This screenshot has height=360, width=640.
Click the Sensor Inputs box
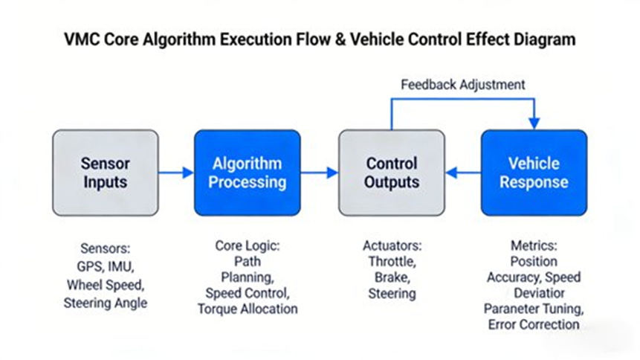pyautogui.click(x=105, y=173)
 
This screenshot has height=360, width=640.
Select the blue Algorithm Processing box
pyautogui.click(x=248, y=173)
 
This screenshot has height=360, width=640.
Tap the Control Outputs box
pyautogui.click(x=392, y=173)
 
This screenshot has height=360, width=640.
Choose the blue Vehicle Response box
pyautogui.click(x=534, y=173)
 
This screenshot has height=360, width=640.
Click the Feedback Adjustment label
pyautogui.click(x=462, y=84)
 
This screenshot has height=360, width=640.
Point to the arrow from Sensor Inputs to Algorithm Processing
pyautogui.click(x=176, y=173)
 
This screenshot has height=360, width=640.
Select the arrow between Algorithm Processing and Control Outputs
pyautogui.click(x=320, y=173)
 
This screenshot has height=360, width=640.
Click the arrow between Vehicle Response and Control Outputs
pyautogui.click(x=463, y=173)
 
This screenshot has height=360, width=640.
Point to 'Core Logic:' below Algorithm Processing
pyautogui.click(x=248, y=245)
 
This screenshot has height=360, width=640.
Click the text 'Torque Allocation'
pyautogui.click(x=248, y=308)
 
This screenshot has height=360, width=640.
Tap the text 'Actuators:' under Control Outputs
pyautogui.click(x=392, y=245)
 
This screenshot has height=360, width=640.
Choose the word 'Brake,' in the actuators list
pyautogui.click(x=392, y=277)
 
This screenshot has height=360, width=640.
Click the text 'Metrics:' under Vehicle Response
pyautogui.click(x=534, y=245)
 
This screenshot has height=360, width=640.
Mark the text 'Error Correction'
pyautogui.click(x=534, y=324)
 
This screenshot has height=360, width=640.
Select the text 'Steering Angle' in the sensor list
pyautogui.click(x=105, y=303)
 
